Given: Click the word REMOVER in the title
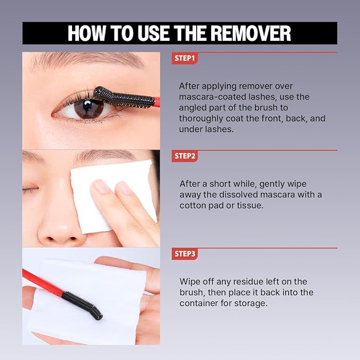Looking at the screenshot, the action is coord(251,33).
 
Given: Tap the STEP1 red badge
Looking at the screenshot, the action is coord(185,58).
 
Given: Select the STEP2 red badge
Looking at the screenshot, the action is coord(185,156).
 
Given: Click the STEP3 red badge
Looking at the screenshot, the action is coord(185,254).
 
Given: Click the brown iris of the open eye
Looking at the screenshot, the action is coord(89,109).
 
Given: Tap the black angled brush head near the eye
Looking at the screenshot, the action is coord(124,97).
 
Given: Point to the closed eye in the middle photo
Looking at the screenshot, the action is coord(30,190).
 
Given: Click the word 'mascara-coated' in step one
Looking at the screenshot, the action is coord(227,97).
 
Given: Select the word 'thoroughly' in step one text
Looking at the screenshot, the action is coord(201,119).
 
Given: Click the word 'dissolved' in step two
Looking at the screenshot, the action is coord(238,195).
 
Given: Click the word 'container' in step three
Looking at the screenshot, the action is coord(199,303).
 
